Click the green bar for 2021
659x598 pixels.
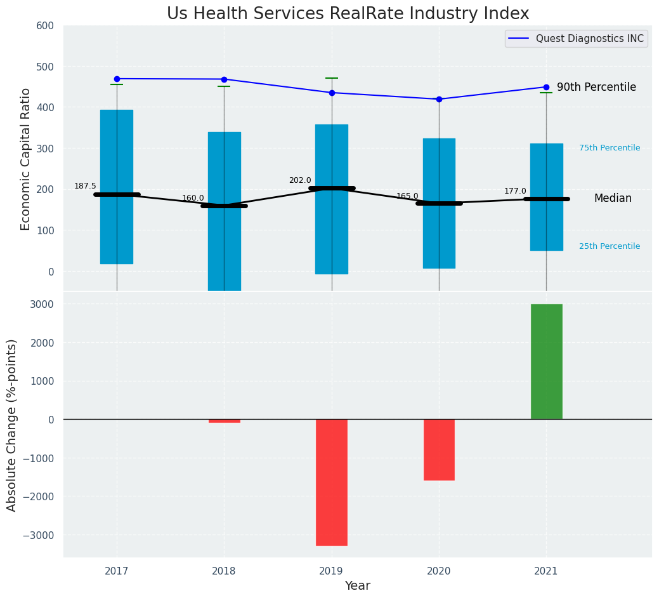[546, 362]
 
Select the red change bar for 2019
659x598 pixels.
[331, 482]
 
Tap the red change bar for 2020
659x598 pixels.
[439, 449]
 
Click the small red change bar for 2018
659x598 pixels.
[224, 421]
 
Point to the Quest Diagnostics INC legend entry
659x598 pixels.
[589, 39]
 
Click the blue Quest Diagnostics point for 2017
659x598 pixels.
[117, 79]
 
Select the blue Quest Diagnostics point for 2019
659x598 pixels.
[332, 93]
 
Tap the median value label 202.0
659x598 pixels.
[300, 180]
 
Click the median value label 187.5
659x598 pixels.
[85, 186]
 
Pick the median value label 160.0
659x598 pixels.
[193, 198]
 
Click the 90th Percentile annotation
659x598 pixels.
[596, 88]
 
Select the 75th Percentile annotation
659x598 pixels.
[610, 148]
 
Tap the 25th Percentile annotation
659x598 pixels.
[610, 246]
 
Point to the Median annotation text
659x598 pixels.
[613, 199]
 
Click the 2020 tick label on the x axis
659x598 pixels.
[439, 571]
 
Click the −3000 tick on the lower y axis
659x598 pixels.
[38, 535]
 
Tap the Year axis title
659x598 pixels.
[357, 586]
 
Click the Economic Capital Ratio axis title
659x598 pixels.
[26, 159]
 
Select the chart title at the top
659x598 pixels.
[348, 14]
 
